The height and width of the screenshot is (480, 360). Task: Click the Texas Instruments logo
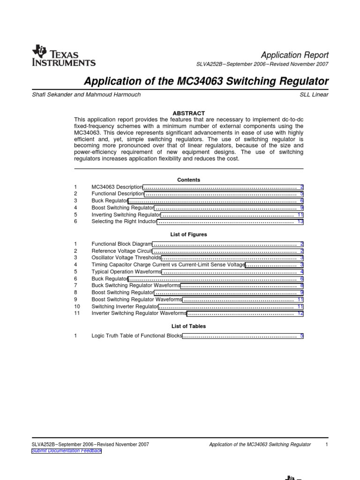tap(63, 56)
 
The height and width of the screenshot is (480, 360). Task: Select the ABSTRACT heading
tap(189, 113)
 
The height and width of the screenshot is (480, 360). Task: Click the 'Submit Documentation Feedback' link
tap(66, 450)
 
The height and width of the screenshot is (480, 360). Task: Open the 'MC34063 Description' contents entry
tap(117, 187)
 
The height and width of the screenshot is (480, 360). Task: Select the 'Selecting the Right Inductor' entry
tap(124, 221)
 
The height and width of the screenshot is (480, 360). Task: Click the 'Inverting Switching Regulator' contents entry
tap(126, 214)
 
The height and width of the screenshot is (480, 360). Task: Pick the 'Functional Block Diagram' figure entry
tap(122, 244)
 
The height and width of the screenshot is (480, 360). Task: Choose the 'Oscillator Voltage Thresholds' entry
tap(126, 257)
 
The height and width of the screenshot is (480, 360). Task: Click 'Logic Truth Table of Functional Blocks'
tap(136, 336)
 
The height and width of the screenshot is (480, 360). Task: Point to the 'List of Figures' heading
tap(188, 234)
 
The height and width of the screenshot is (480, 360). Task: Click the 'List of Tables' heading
tap(188, 326)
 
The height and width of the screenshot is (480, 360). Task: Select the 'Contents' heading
tap(188, 180)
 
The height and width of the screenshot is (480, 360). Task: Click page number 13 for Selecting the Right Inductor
tap(300, 221)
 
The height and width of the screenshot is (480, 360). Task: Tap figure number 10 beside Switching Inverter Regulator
tap(77, 306)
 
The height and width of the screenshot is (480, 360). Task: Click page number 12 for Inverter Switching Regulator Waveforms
tap(300, 313)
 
